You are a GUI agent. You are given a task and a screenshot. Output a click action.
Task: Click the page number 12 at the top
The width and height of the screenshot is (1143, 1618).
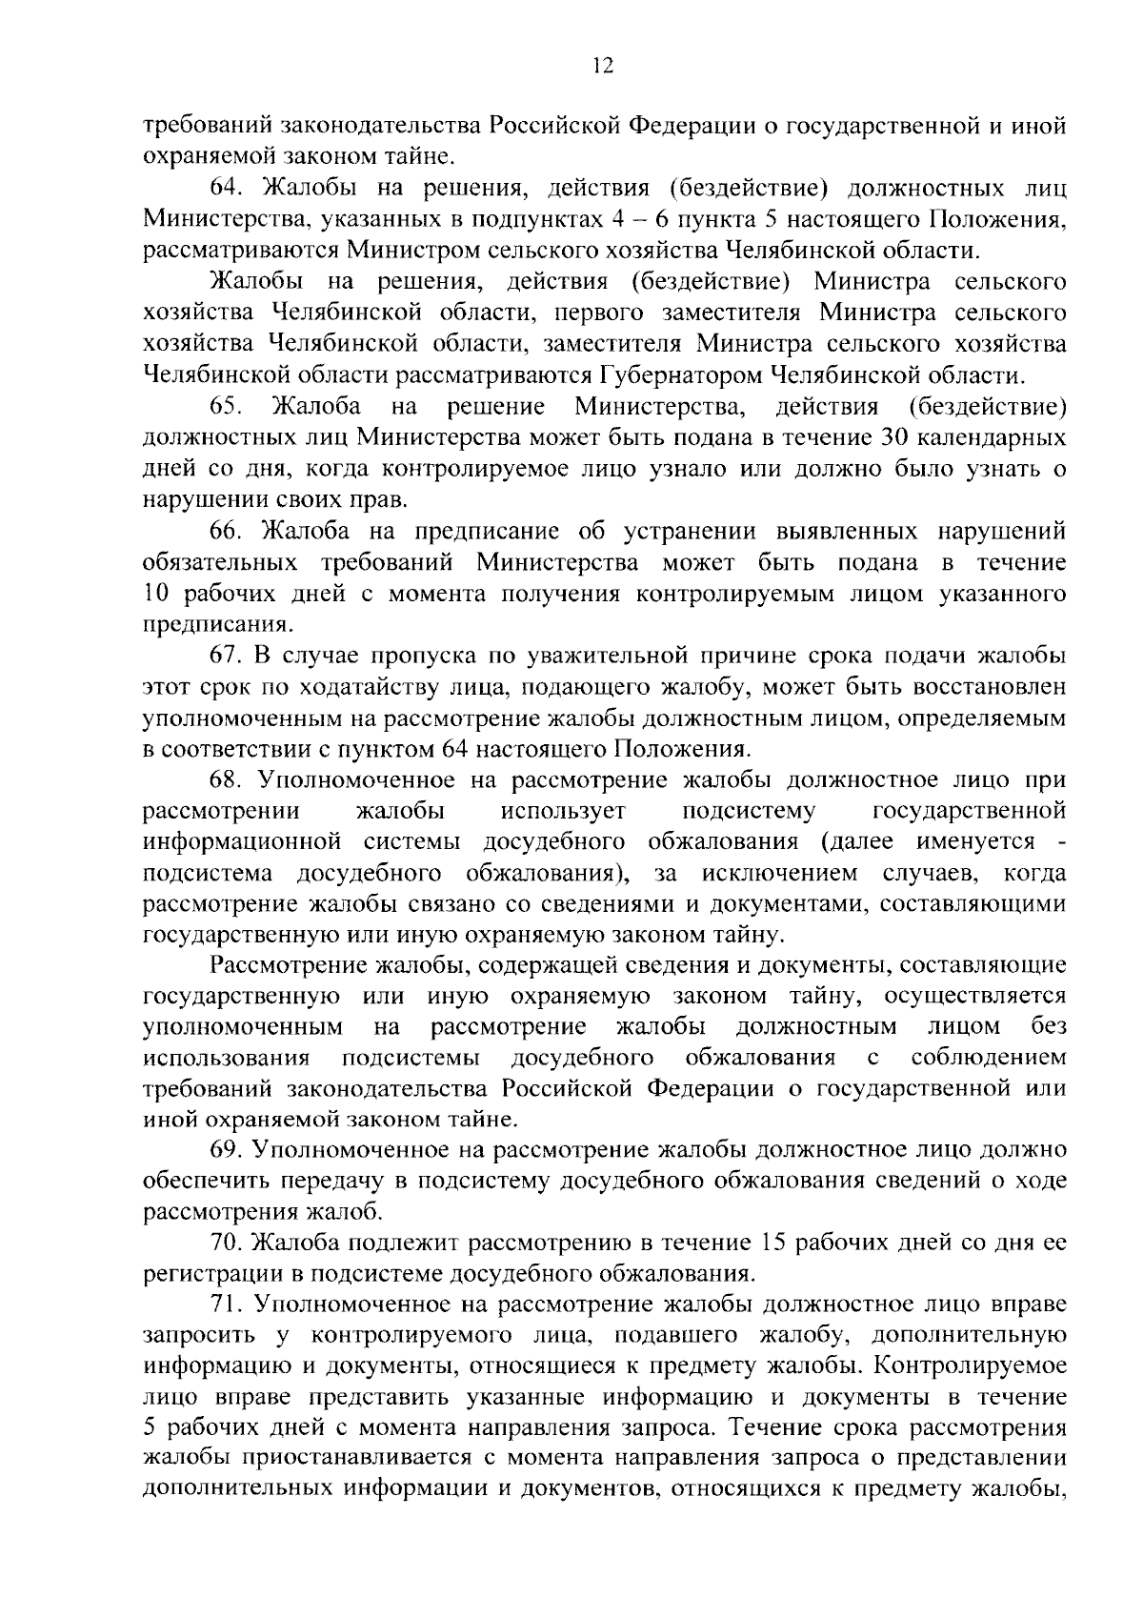(x=602, y=66)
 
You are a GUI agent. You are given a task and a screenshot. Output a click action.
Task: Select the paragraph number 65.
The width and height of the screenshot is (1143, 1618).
(x=227, y=407)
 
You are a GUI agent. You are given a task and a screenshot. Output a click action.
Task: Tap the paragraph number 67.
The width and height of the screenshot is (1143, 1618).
(x=227, y=655)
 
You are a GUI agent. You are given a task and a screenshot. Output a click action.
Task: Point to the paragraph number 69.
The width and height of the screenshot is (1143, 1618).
(x=227, y=1150)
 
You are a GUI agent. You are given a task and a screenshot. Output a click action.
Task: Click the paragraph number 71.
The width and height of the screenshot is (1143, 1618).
(x=226, y=1303)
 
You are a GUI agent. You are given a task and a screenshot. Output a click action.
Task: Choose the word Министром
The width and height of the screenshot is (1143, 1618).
(x=411, y=252)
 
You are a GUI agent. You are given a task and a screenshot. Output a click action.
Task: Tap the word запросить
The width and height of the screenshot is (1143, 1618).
(x=195, y=1335)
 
